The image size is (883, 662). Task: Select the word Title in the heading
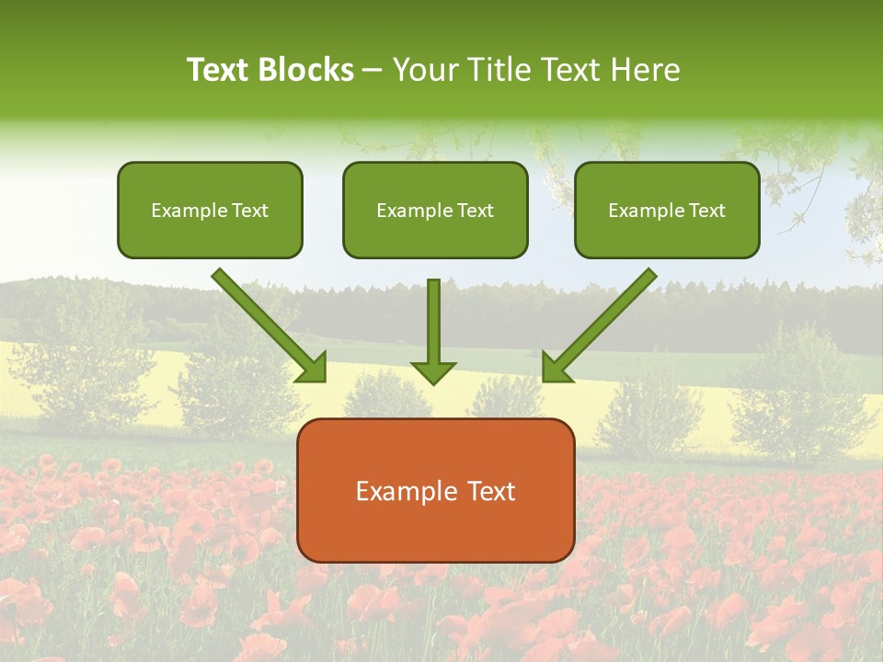[498, 70]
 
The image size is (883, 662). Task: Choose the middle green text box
[435, 235]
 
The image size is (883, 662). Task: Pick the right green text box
[667, 235]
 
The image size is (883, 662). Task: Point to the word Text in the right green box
[707, 211]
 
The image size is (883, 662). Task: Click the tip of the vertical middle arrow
[433, 382]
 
